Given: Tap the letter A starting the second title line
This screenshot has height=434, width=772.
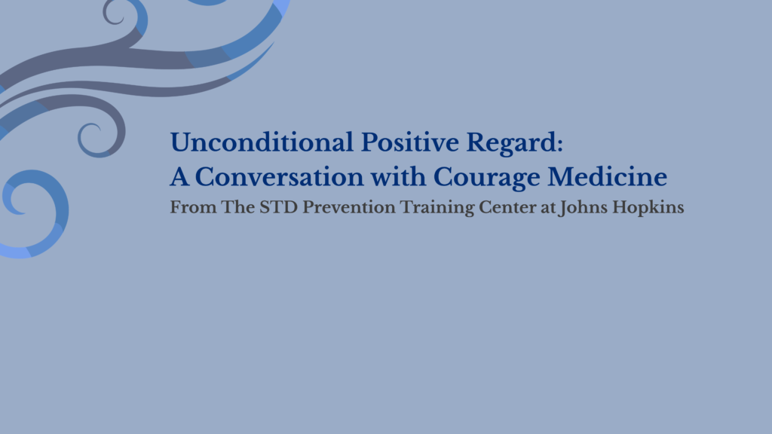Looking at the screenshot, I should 177,177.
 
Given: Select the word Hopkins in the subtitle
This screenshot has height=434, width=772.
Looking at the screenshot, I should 648,207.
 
